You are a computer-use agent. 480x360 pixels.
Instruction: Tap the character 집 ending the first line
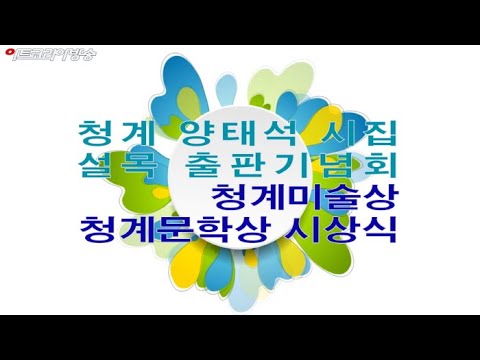coord(383,132)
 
